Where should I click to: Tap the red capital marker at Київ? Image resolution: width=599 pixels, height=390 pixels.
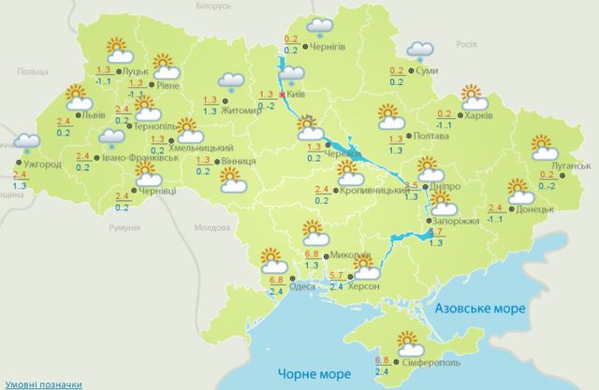[283, 94]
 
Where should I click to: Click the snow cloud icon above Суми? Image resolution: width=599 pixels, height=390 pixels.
[419, 50]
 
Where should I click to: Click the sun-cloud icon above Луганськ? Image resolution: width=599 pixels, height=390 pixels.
[543, 148]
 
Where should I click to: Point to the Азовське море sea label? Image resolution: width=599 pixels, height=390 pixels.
[480, 308]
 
